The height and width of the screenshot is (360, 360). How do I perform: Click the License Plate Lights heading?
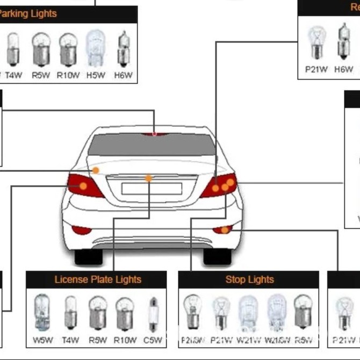point(97,279)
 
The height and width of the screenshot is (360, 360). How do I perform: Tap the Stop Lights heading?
point(249,279)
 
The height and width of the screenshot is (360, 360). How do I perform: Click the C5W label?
point(153,340)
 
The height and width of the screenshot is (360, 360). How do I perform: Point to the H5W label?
point(96,75)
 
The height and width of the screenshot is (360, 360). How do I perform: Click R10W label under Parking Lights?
point(68,75)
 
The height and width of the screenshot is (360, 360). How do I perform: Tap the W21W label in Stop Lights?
point(249,340)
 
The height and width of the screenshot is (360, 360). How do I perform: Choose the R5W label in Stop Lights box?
point(304,340)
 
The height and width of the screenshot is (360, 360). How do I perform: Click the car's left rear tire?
point(88,257)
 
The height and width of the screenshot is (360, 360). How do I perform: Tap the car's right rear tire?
point(217,257)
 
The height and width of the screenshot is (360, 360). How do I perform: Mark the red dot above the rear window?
point(154,133)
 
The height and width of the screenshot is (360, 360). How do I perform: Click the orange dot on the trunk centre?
point(148,178)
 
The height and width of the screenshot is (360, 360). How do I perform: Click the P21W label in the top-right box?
point(316,69)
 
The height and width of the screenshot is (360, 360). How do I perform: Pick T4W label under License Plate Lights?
point(70,340)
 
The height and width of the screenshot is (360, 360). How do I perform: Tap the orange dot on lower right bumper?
point(225,230)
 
